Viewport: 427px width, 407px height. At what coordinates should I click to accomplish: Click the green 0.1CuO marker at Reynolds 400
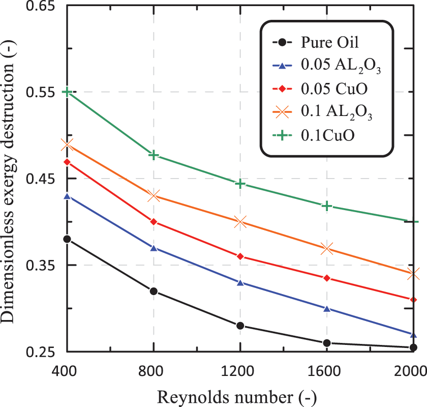67,92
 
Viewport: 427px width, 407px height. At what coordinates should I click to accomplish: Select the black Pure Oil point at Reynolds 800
153,291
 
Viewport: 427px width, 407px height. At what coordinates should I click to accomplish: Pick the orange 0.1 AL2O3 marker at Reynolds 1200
239,222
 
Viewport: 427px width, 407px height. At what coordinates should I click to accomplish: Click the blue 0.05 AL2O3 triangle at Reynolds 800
153,248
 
